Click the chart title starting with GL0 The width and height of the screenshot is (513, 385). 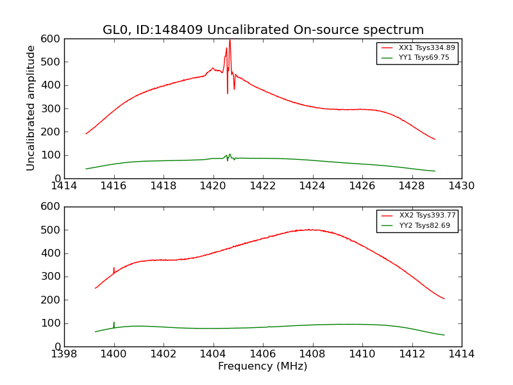(263, 30)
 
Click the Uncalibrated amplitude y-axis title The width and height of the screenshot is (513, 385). (31, 108)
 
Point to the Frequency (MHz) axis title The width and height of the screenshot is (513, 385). (263, 366)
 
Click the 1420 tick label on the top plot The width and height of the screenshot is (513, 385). (213, 186)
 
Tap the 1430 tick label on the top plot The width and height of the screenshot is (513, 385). (461, 186)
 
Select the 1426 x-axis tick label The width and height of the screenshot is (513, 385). (362, 186)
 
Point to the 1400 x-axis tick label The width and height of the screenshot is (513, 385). (114, 354)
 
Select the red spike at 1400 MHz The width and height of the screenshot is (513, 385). (114, 269)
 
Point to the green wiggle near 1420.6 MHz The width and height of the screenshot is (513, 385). (228, 157)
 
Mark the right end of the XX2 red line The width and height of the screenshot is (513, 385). (444, 298)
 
